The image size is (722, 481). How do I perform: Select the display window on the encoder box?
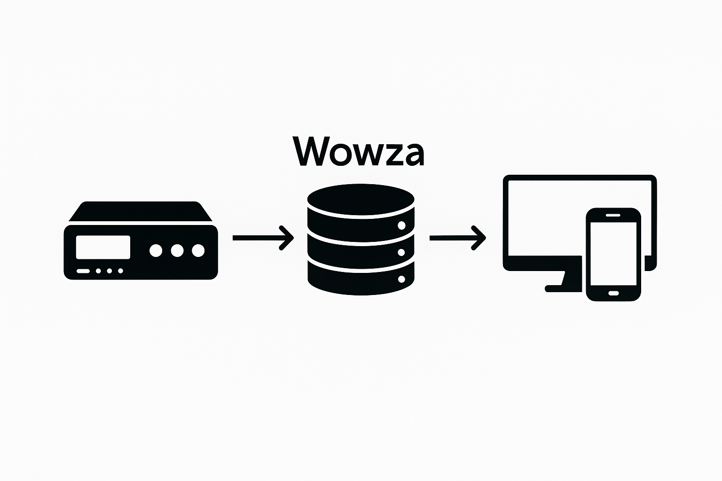click(x=103, y=247)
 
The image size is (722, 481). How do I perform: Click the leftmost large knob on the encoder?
click(x=156, y=251)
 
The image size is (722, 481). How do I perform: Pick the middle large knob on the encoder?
click(x=177, y=251)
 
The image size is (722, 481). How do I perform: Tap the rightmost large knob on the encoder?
click(x=198, y=251)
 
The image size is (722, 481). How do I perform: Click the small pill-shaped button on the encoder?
click(x=83, y=271)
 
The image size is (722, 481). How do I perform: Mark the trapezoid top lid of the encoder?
click(x=141, y=211)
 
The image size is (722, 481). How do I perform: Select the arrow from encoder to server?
click(x=263, y=238)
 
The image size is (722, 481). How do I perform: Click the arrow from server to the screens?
click(x=457, y=238)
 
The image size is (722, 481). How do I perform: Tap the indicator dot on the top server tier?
click(x=401, y=226)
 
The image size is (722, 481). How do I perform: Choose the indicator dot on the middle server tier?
click(x=401, y=253)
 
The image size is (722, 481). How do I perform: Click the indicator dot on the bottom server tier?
click(x=401, y=279)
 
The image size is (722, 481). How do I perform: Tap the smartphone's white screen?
click(x=613, y=254)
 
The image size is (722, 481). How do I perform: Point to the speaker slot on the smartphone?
click(x=613, y=215)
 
